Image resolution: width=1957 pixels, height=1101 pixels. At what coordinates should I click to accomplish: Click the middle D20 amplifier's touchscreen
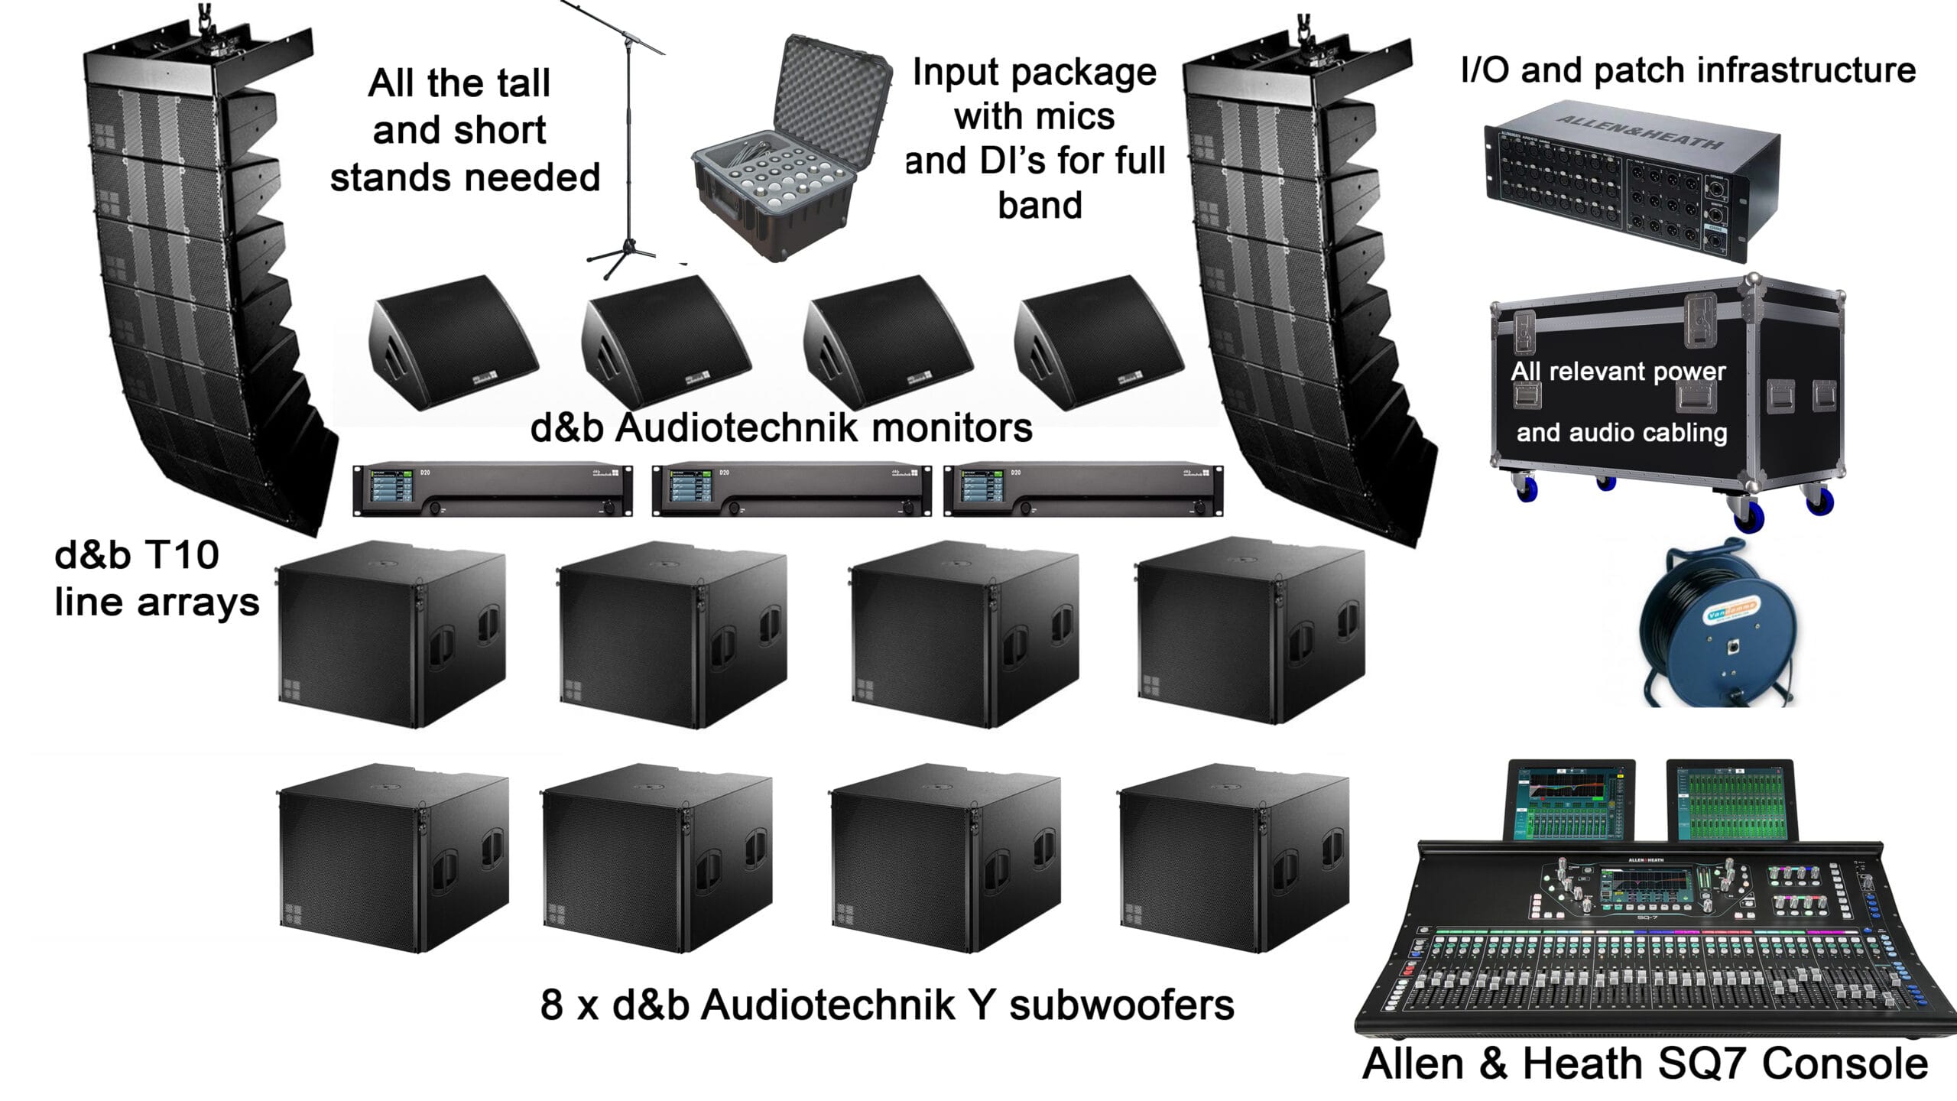tap(685, 488)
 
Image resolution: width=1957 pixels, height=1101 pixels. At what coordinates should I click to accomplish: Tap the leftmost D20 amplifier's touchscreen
tap(386, 488)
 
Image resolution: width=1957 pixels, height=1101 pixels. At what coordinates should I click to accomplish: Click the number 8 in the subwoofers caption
tap(551, 1005)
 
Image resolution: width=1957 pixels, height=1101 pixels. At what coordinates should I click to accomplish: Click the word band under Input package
tap(1040, 205)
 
